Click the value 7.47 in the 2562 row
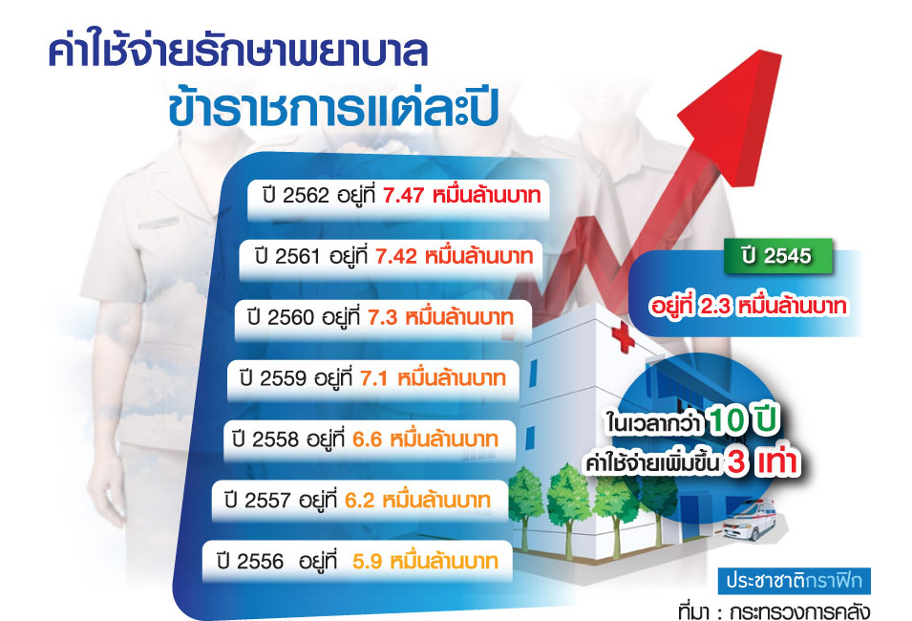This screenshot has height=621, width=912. [x=403, y=196]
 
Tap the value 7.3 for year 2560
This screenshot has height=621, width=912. [x=383, y=317]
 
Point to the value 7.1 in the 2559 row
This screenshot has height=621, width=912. [x=374, y=378]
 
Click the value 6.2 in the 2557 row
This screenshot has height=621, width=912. [x=360, y=500]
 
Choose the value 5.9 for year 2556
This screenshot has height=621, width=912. [x=368, y=561]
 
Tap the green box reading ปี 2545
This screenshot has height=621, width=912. [x=777, y=255]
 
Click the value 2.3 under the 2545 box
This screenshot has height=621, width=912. [x=715, y=306]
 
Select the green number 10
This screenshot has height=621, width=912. [x=727, y=420]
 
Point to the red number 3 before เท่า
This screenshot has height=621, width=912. [x=736, y=462]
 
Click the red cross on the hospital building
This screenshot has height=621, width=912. [x=623, y=336]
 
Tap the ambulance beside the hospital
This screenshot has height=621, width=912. [x=750, y=521]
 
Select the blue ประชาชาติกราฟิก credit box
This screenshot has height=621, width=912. [x=794, y=581]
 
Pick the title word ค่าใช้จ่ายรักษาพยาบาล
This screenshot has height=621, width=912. [x=239, y=52]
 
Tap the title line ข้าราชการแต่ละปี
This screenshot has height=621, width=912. [x=333, y=108]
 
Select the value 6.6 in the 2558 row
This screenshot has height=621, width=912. [x=368, y=439]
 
